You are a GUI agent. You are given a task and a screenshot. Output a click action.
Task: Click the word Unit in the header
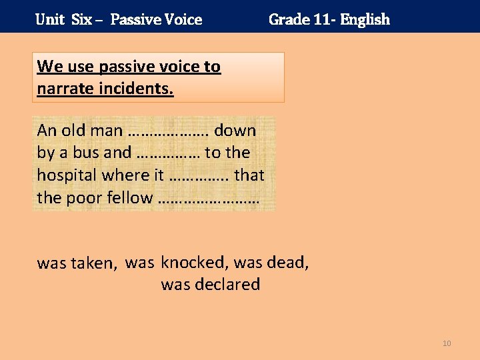click(x=49, y=19)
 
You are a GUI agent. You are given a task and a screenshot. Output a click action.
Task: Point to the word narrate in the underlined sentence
click(x=65, y=89)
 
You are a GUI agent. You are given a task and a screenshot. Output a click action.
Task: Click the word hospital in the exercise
click(x=67, y=175)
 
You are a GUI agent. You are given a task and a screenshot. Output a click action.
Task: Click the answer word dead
click(x=287, y=262)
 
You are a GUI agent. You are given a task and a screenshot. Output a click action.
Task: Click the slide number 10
click(x=447, y=343)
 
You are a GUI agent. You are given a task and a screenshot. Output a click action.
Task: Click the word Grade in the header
click(x=287, y=19)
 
